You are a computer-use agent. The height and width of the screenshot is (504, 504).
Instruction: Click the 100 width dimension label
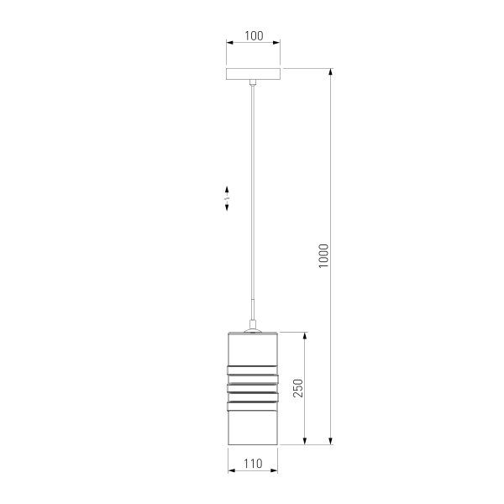click(x=254, y=35)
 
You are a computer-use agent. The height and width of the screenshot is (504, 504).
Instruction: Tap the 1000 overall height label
click(x=324, y=256)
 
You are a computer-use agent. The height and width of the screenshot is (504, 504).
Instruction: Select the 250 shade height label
click(x=298, y=387)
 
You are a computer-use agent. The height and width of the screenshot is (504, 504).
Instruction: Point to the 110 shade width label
click(x=253, y=463)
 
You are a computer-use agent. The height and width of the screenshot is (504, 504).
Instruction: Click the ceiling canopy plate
click(x=254, y=74)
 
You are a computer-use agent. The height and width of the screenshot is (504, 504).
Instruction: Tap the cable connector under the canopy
click(x=254, y=82)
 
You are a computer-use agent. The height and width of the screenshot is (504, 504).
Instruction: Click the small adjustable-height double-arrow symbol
click(x=227, y=198)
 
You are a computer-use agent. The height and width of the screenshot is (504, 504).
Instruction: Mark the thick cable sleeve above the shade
click(x=253, y=312)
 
